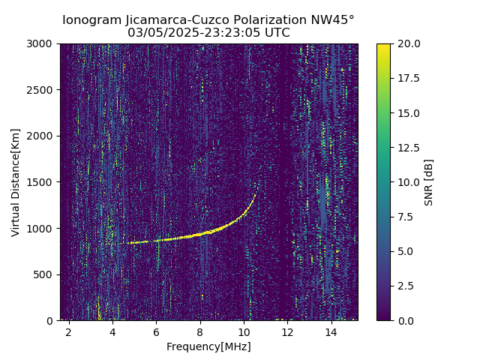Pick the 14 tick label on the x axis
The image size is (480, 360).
coord(331,332)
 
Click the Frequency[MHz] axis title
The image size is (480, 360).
coord(208,346)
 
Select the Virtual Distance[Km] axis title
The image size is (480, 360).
coord(16,182)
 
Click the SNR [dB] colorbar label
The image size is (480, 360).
coord(429,182)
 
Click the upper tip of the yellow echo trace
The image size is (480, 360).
coord(255,195)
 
